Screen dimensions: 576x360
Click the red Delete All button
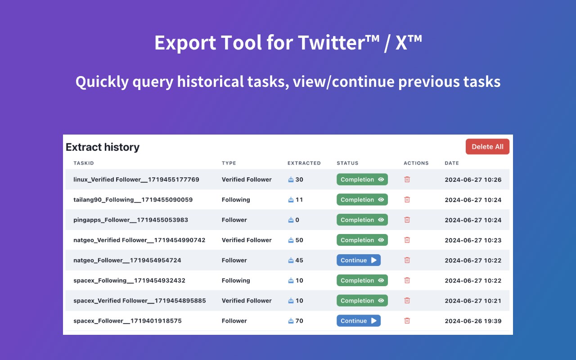[487, 147]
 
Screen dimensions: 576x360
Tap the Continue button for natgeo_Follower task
[359, 260]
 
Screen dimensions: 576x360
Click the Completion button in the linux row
[362, 179]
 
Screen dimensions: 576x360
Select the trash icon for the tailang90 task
[407, 199]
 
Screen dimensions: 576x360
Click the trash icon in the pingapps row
[407, 220]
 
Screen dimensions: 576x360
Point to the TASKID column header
[84, 163]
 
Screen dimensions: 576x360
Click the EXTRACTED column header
[304, 163]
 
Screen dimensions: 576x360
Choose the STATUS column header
[347, 163]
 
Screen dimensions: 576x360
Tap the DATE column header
[452, 163]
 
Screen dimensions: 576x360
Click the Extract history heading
[103, 147]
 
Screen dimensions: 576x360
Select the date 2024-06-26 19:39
[473, 321]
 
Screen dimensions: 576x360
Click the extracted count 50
[299, 240]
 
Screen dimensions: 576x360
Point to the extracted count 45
[299, 260]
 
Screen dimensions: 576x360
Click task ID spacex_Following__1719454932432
[129, 280]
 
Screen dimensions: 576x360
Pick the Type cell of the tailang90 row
[236, 199]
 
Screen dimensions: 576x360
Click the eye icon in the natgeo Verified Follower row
[381, 240]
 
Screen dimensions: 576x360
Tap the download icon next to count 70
[291, 321]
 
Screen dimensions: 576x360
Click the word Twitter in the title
[335, 42]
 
